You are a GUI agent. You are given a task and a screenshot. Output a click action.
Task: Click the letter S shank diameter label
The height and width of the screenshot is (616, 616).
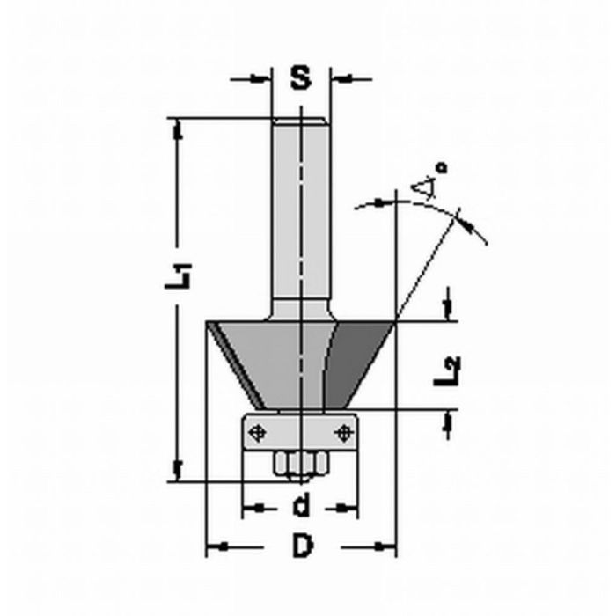(301, 78)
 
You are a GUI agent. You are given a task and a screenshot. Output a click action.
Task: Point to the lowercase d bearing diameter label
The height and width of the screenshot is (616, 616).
(301, 507)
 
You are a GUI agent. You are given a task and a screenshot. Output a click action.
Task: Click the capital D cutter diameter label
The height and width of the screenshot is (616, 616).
(302, 547)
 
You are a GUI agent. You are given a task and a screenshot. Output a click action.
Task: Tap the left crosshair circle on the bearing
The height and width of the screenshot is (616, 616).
(257, 432)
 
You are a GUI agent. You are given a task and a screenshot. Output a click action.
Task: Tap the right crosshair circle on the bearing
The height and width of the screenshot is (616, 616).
(344, 432)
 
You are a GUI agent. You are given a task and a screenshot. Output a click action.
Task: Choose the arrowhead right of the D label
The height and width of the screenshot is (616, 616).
(388, 547)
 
